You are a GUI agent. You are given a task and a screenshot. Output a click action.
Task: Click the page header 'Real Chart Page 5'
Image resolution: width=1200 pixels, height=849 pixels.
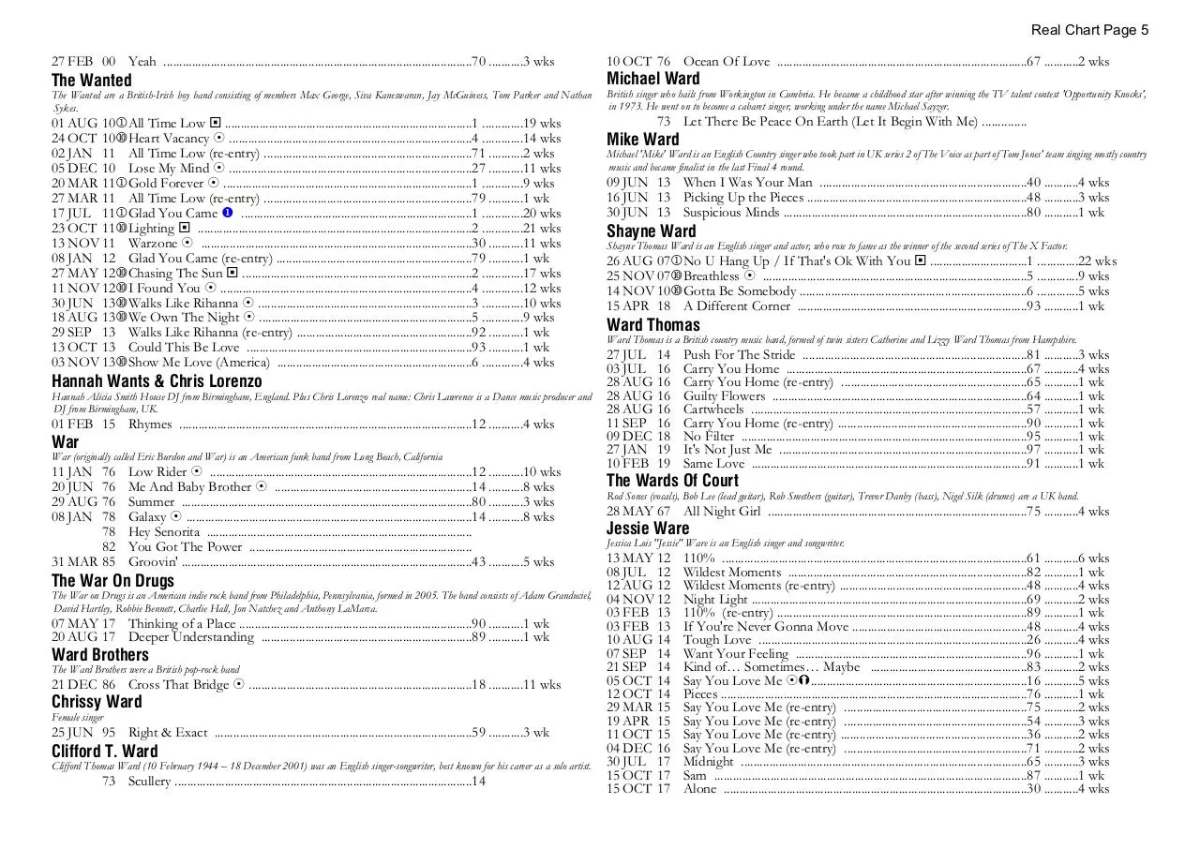(1089, 30)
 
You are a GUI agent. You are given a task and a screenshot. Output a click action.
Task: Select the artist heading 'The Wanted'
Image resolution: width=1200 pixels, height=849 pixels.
(92, 80)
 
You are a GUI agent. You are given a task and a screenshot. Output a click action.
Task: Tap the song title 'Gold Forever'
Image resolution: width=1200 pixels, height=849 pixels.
(166, 183)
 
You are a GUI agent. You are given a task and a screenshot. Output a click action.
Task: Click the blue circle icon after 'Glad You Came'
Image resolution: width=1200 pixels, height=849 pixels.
(227, 213)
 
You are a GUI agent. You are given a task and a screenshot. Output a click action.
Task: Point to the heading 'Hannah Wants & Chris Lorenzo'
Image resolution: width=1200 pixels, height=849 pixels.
(157, 381)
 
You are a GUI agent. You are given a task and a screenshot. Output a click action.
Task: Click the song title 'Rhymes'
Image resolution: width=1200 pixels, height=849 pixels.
(150, 424)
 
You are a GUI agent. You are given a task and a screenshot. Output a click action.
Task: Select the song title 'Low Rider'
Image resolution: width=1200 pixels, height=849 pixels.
(157, 471)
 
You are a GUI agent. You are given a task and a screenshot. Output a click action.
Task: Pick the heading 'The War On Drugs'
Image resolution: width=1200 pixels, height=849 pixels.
(112, 581)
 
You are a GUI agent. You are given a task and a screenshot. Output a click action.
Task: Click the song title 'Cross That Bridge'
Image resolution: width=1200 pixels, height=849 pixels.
(178, 685)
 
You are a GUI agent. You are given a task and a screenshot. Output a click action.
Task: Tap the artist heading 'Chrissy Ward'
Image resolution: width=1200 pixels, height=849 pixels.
(97, 702)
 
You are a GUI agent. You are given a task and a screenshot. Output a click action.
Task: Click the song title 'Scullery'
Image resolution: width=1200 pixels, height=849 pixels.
(150, 781)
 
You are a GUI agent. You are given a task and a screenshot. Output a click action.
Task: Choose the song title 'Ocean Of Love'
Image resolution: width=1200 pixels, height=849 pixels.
(727, 62)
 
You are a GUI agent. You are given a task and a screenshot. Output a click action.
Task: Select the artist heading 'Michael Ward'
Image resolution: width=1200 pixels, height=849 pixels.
(652, 79)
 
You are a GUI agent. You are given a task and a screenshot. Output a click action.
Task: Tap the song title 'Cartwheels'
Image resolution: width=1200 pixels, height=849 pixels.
(713, 410)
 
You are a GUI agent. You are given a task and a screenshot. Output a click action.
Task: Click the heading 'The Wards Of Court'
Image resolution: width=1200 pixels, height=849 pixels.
(672, 481)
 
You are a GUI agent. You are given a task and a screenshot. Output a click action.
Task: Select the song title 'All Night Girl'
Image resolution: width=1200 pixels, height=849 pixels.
(722, 512)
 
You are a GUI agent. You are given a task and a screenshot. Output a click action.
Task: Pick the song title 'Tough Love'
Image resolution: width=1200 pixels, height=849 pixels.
(717, 640)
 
